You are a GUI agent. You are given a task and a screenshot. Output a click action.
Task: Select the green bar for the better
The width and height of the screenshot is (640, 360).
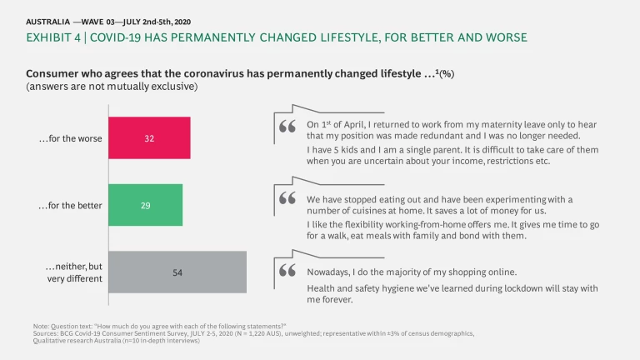[146, 205]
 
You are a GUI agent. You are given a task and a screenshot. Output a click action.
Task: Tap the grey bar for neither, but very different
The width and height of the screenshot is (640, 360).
[177, 272]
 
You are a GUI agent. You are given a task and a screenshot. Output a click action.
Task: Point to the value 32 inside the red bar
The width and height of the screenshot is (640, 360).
[149, 138]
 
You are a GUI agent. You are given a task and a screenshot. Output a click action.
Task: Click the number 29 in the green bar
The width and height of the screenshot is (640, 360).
[145, 205]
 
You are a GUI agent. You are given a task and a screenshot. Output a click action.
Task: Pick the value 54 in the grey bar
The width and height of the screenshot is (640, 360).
[177, 272]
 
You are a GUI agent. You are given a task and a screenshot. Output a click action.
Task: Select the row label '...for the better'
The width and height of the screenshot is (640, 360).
[69, 205]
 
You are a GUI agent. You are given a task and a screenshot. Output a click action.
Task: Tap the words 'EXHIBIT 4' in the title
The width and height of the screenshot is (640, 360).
[54, 38]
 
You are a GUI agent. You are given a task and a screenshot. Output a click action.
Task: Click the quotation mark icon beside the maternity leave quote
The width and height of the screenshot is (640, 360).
[288, 127]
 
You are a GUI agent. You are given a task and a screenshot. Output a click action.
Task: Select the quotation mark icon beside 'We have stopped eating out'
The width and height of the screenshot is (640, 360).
[288, 200]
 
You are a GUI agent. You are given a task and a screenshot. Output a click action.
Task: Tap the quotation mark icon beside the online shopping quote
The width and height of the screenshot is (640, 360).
[288, 271]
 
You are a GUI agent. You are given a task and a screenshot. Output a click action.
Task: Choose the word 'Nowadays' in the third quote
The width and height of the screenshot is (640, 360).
[329, 272]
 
